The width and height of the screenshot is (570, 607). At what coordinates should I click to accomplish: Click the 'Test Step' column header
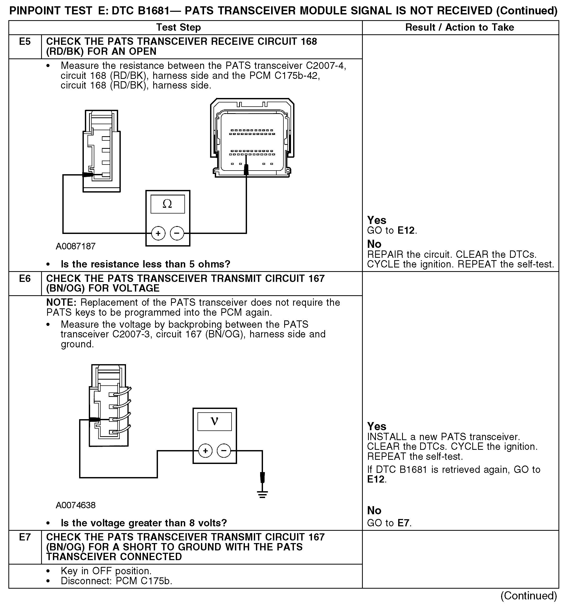pyautogui.click(x=179, y=28)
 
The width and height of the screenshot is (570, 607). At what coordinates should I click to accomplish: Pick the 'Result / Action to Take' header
pyautogui.click(x=459, y=28)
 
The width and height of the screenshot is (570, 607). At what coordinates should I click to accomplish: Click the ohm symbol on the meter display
pyautogui.click(x=167, y=204)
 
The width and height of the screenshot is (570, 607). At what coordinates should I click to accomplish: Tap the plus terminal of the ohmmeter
pyautogui.click(x=158, y=234)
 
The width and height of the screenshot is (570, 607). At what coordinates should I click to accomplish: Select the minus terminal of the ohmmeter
pyautogui.click(x=177, y=234)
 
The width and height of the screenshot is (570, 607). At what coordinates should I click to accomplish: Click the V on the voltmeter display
pyautogui.click(x=214, y=421)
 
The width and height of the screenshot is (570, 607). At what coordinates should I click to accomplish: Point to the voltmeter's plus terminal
pyautogui.click(x=205, y=451)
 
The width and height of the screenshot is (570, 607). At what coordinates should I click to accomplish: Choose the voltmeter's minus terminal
pyautogui.click(x=224, y=451)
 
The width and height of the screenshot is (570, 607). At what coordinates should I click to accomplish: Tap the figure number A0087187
pyautogui.click(x=75, y=246)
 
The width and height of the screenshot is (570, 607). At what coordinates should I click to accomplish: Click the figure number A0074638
pyautogui.click(x=75, y=505)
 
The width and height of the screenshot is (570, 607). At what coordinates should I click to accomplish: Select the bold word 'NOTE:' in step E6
pyautogui.click(x=61, y=303)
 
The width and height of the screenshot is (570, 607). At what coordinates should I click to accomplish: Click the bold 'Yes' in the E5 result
pyautogui.click(x=376, y=220)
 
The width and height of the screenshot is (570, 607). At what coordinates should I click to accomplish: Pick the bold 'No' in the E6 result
pyautogui.click(x=374, y=510)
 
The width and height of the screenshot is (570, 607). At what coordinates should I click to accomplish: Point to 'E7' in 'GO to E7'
pyautogui.click(x=404, y=523)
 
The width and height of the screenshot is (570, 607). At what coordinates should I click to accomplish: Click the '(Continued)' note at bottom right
pyautogui.click(x=529, y=596)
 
